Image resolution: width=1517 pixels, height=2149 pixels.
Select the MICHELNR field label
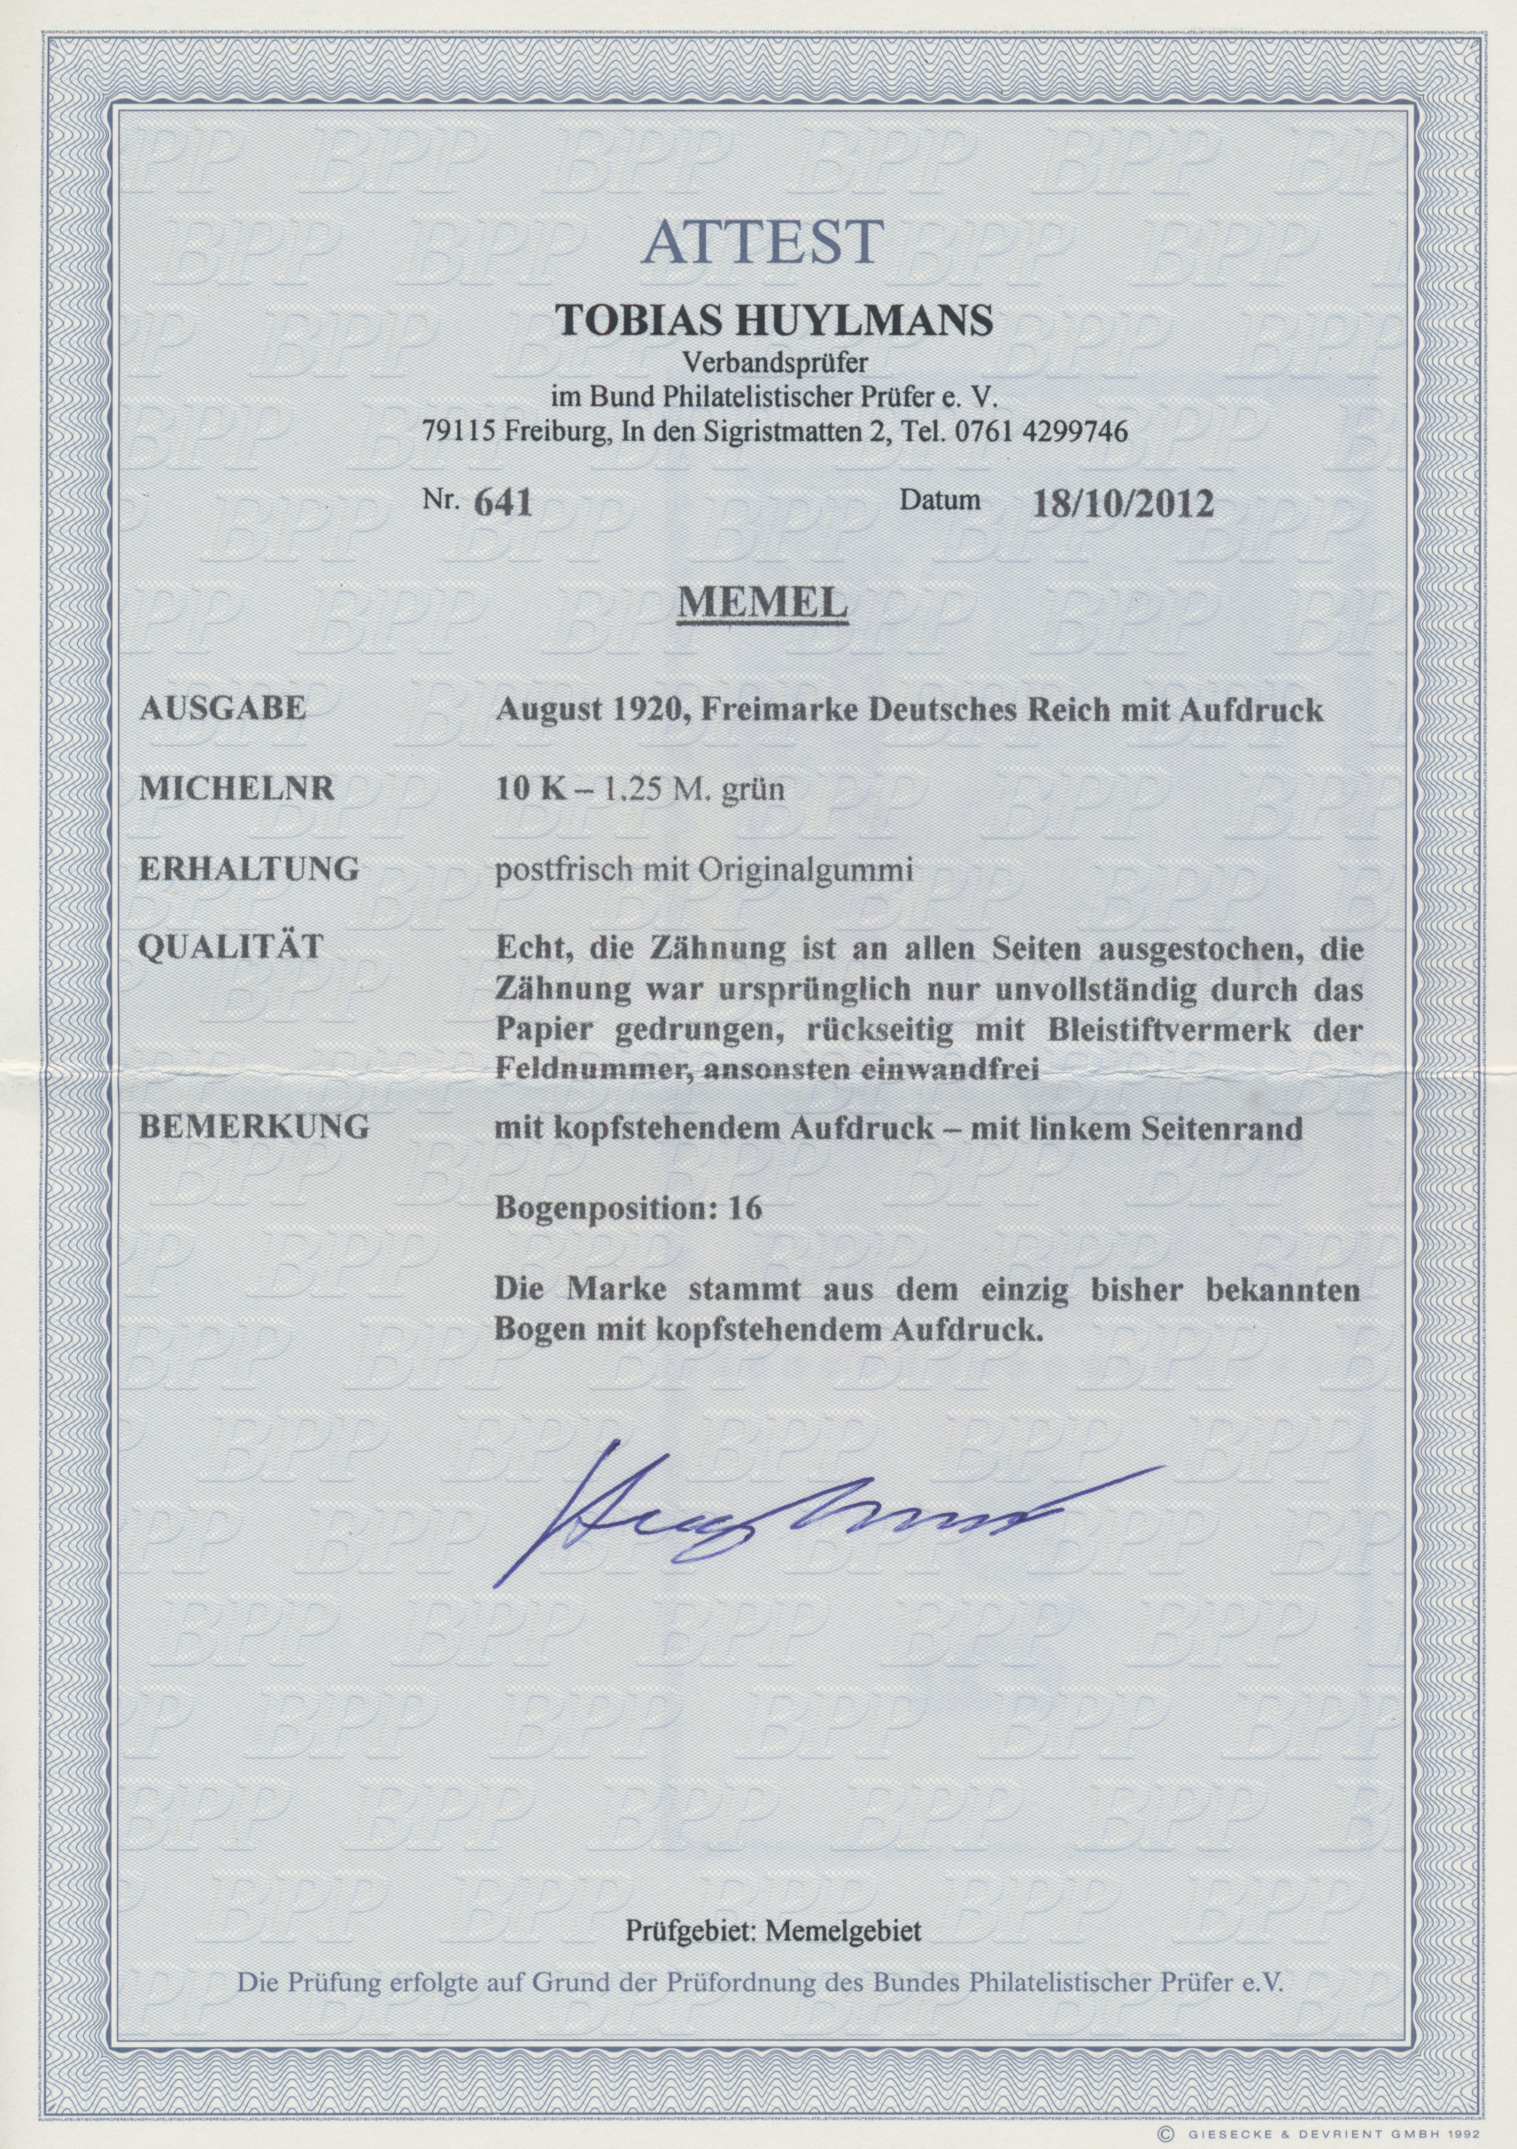tap(236, 789)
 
